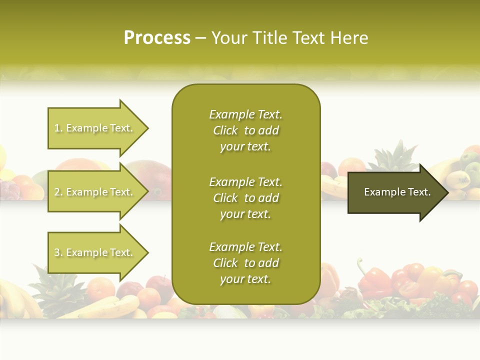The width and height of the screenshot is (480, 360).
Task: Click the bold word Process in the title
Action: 157,38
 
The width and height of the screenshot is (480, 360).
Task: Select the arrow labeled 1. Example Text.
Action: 95,128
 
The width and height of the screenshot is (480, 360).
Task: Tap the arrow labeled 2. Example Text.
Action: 95,192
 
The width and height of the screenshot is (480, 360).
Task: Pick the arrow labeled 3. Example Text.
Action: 95,252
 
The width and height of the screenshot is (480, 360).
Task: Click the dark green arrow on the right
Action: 395,192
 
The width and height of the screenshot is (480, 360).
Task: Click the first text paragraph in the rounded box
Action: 245,130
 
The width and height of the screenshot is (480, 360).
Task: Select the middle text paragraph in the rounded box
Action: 245,198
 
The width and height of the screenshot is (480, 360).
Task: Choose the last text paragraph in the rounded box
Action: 245,263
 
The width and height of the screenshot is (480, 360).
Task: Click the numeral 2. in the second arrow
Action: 58,192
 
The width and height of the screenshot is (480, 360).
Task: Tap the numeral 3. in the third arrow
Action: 58,252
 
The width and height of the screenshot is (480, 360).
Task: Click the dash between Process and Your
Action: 200,38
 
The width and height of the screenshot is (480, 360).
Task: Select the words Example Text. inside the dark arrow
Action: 397,192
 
